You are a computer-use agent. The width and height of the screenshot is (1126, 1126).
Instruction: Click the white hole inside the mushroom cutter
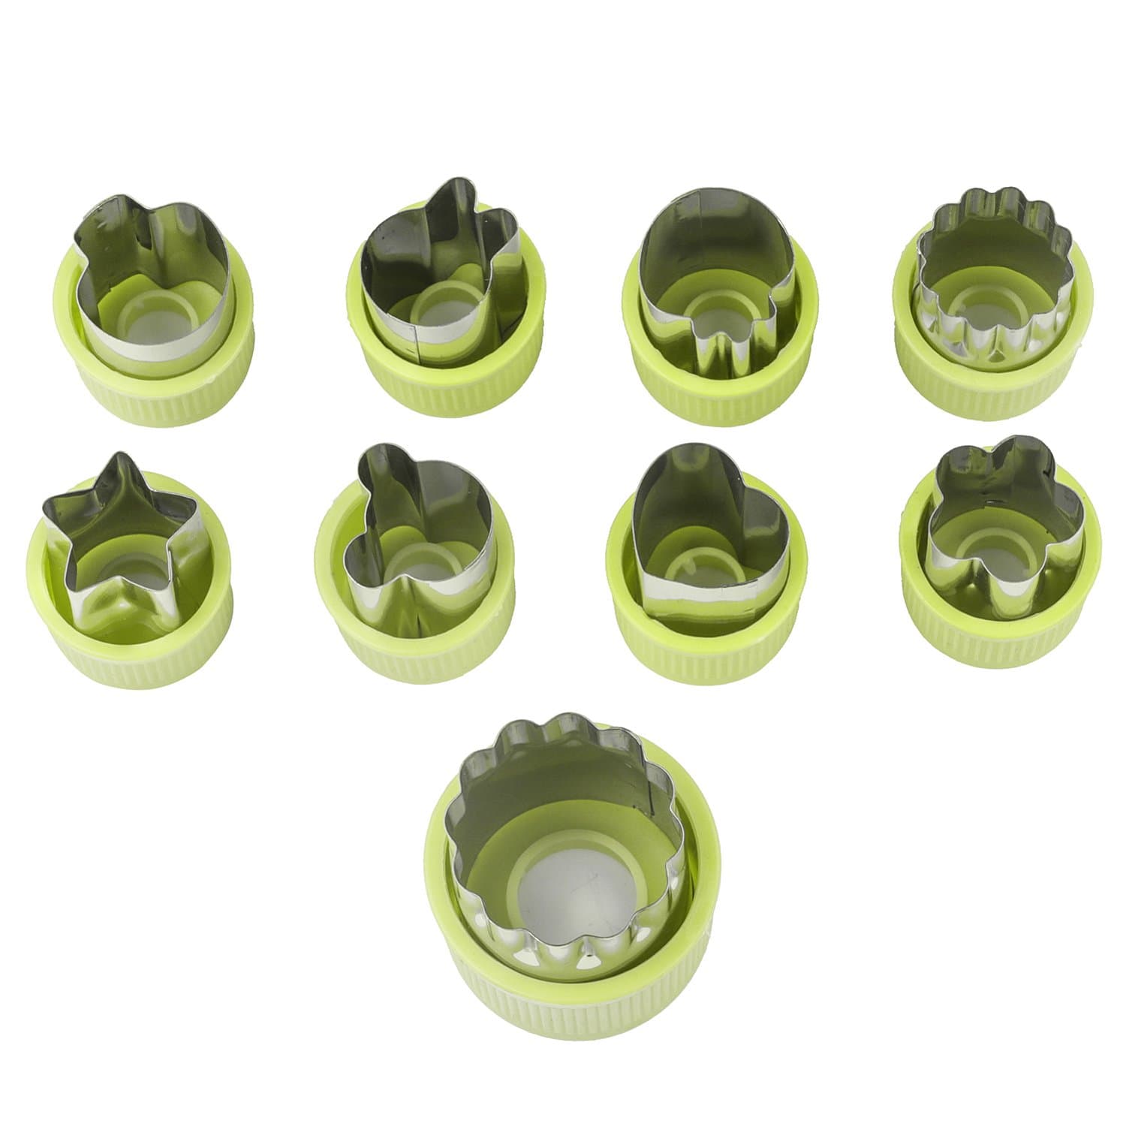pos(721,308)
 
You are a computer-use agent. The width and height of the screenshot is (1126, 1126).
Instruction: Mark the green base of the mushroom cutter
pos(721,390)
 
